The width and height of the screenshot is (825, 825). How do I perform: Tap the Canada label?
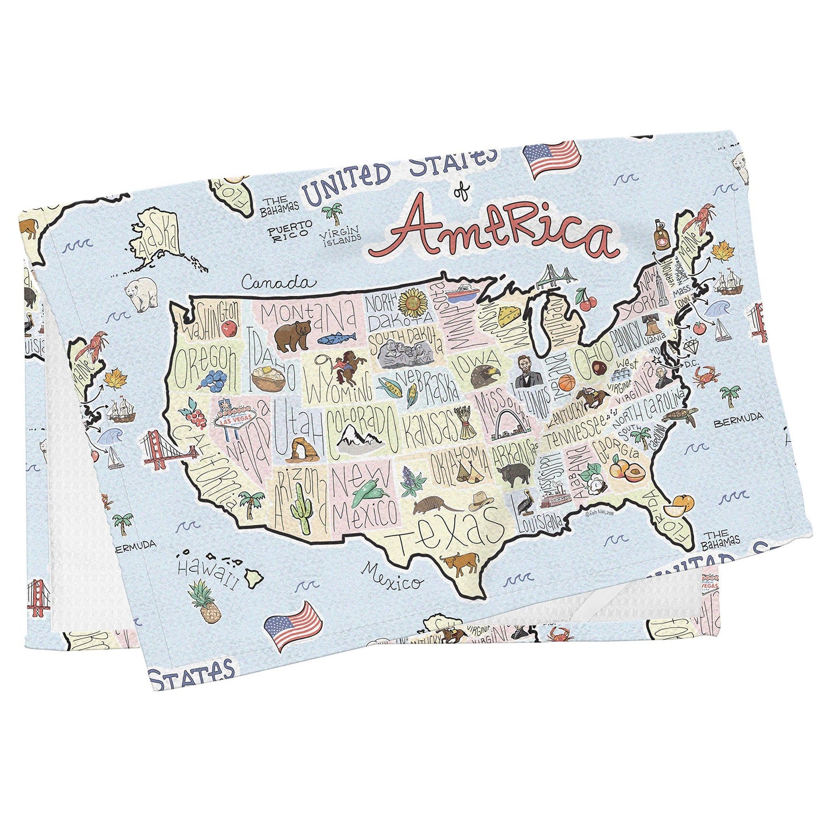click(x=278, y=282)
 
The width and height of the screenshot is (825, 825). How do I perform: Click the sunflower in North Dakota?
click(x=413, y=303)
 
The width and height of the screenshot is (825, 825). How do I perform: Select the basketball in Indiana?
click(x=565, y=384)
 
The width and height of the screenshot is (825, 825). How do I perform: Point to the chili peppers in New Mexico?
click(x=369, y=491)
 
